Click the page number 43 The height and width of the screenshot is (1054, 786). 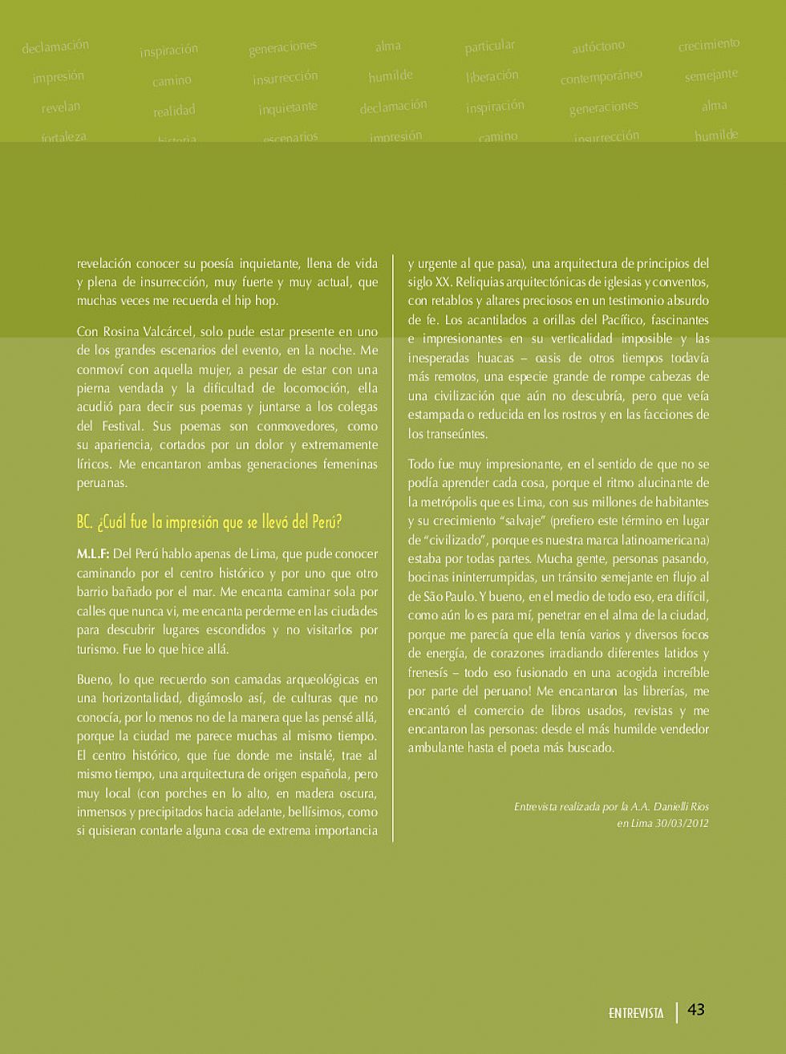pyautogui.click(x=696, y=1010)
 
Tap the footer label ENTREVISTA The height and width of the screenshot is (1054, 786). pyautogui.click(x=636, y=1013)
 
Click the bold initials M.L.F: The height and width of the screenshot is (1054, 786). pyautogui.click(x=93, y=554)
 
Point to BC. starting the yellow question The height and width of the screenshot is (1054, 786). pyautogui.click(x=85, y=522)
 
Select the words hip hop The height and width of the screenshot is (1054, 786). pyautogui.click(x=256, y=301)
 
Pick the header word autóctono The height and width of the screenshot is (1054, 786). pyautogui.click(x=598, y=47)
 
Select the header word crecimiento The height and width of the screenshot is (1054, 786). pyautogui.click(x=708, y=45)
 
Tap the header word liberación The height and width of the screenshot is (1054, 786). pyautogui.click(x=492, y=76)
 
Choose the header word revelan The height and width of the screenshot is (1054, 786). pyautogui.click(x=61, y=107)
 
